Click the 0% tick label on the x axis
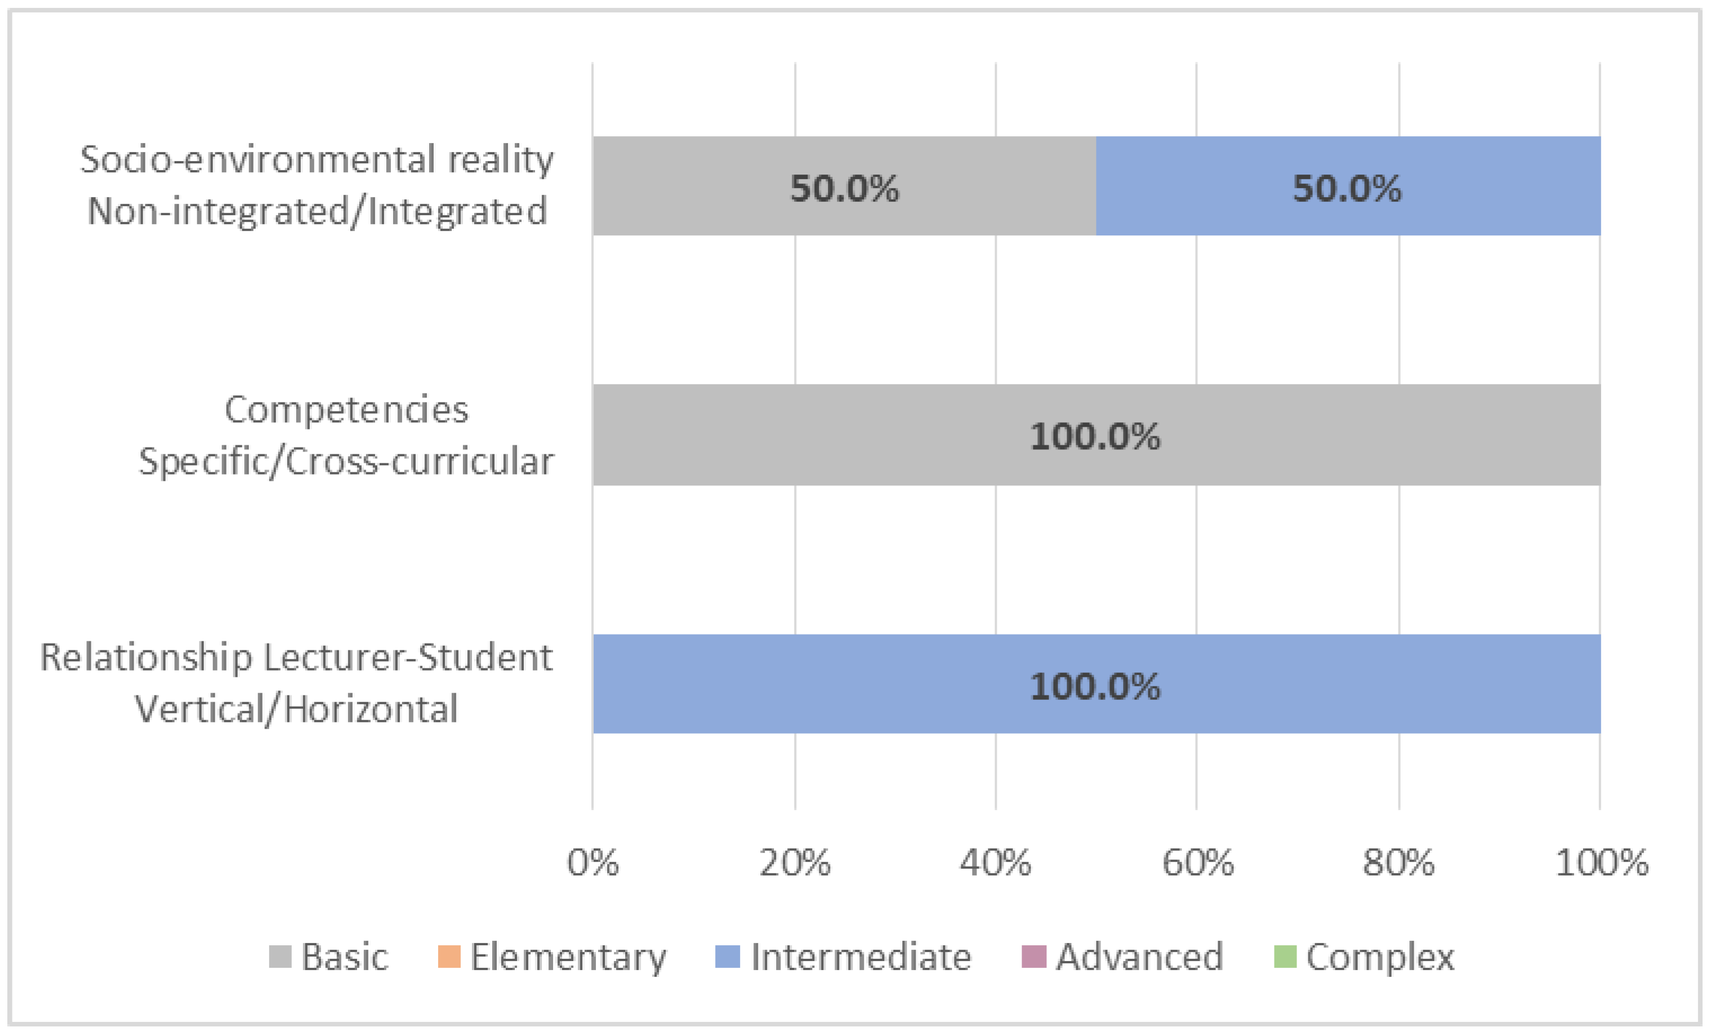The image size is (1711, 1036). point(592,863)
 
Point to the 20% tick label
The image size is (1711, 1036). point(794,863)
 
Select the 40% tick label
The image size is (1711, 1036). point(995,863)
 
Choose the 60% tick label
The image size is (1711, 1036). point(1197,863)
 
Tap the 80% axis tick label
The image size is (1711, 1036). point(1398,863)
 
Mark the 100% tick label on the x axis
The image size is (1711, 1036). point(1601,863)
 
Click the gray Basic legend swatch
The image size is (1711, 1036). point(280,957)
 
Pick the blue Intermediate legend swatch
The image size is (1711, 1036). point(727,957)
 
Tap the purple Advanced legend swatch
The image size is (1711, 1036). point(1033,957)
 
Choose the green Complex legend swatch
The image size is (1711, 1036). point(1285,957)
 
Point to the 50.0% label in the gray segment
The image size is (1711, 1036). point(844,188)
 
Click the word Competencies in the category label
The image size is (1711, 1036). point(346,410)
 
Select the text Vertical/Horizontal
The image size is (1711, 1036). point(296,709)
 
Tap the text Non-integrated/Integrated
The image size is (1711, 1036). point(317,211)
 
